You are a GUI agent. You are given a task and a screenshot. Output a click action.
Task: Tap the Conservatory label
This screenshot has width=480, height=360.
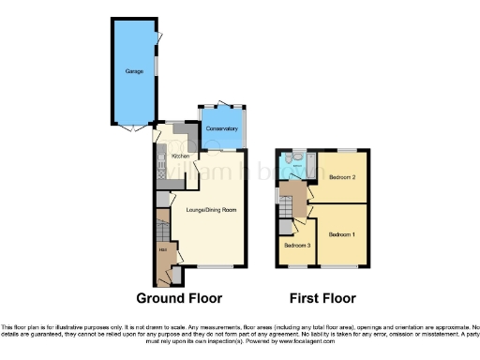click(x=221, y=127)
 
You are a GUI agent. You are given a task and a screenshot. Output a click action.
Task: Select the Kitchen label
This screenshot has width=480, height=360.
click(x=180, y=155)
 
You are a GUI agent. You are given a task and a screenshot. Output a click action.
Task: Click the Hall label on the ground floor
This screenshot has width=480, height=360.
click(x=161, y=248)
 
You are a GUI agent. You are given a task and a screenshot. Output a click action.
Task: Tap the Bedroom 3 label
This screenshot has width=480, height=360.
click(x=297, y=246)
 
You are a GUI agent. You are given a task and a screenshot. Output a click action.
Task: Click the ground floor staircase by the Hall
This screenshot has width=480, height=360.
click(x=160, y=225)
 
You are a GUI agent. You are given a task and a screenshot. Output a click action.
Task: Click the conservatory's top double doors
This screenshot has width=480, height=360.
click(x=222, y=104)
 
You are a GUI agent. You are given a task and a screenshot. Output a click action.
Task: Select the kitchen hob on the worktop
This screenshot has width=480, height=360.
click(x=160, y=170)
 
